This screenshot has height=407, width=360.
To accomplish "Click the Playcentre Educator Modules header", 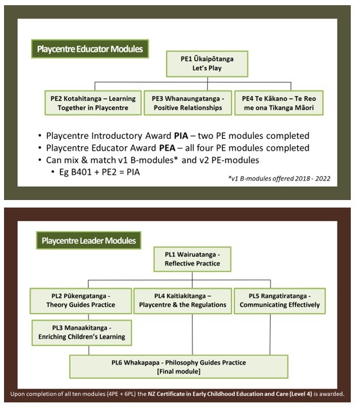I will tap(89, 49).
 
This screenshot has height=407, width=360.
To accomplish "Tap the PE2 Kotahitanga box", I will tap(93, 103).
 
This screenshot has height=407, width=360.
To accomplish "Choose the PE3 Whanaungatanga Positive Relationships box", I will tap(187, 103).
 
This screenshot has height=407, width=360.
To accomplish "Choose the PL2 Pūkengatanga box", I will tap(81, 300).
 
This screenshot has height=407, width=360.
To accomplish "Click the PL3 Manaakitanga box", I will tap(81, 332).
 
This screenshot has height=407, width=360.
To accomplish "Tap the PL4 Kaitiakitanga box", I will tap(181, 300).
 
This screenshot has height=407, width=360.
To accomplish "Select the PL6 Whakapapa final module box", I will tap(179, 367).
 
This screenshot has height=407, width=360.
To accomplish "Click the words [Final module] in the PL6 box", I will tap(179, 372).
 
